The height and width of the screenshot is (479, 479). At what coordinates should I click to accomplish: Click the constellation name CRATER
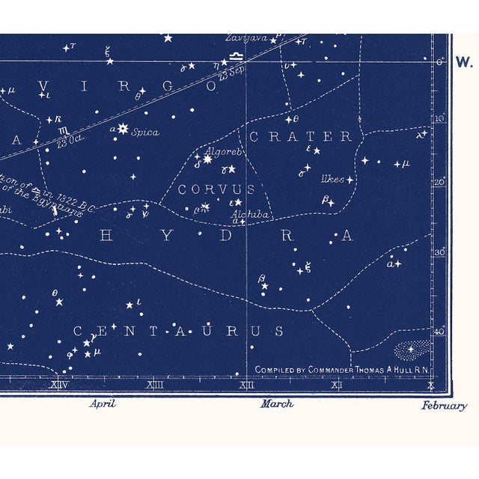(x=300, y=136)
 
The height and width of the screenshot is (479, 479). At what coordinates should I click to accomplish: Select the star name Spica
(x=145, y=132)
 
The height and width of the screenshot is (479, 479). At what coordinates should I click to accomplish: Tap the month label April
(x=103, y=403)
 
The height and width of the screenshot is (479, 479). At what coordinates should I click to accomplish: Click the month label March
(x=277, y=404)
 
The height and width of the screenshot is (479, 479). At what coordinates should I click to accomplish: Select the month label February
(x=444, y=406)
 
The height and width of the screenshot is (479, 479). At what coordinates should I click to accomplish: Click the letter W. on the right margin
(x=463, y=62)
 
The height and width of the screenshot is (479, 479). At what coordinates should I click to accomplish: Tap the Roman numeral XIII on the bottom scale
(x=156, y=385)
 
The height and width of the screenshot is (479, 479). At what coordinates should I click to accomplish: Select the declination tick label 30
(x=439, y=252)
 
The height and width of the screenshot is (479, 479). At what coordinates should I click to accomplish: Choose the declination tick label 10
(x=439, y=118)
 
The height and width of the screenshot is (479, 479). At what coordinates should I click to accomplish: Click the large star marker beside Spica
(x=122, y=129)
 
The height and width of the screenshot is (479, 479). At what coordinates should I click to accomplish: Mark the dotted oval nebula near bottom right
(x=413, y=350)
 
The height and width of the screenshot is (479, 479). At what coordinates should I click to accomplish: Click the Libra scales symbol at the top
(x=237, y=55)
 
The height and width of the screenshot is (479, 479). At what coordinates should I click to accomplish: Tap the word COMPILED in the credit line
(x=276, y=370)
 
